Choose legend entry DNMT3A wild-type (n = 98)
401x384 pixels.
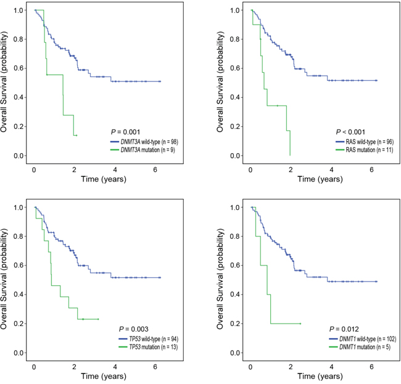point(141,141)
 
